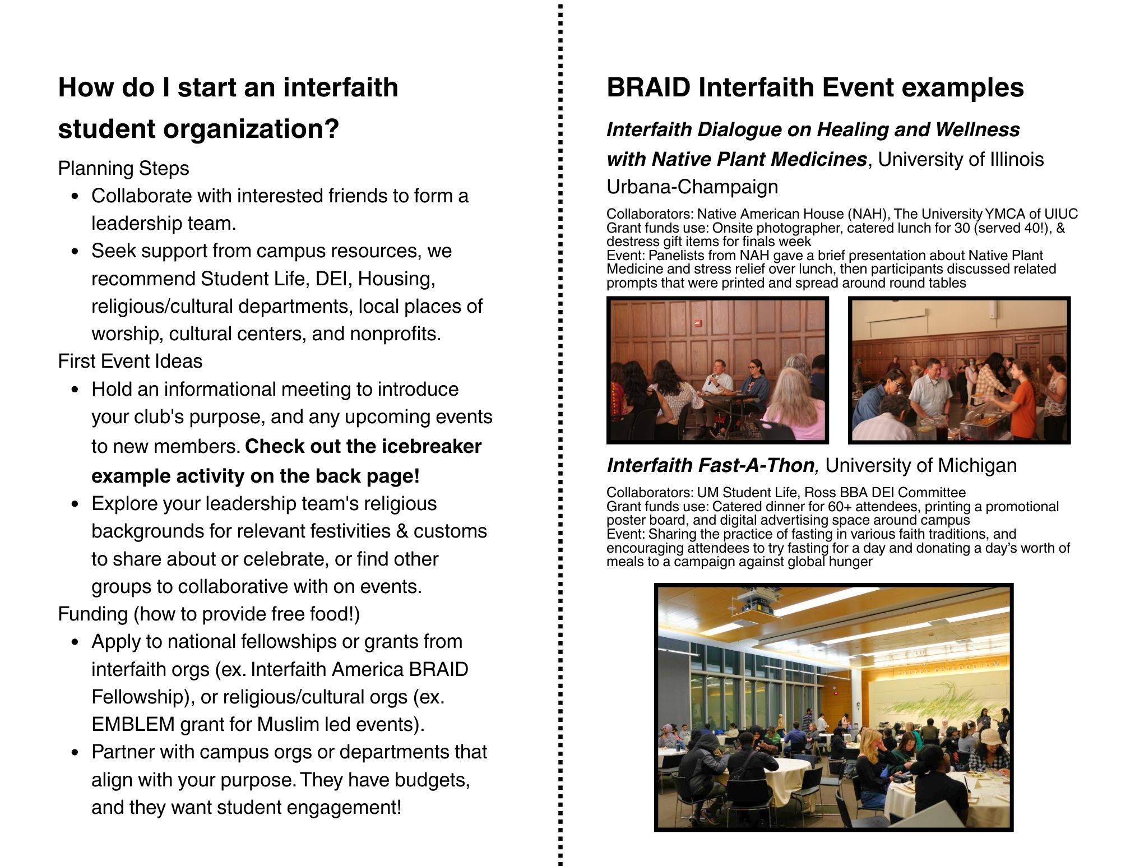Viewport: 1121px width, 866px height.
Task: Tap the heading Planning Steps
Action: point(123,168)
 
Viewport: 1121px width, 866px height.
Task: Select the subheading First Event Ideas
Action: point(130,361)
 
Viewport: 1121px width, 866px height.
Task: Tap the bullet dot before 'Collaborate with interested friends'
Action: point(76,197)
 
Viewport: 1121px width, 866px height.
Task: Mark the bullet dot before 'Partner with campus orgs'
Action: point(76,753)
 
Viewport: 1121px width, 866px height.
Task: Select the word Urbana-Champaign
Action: point(692,187)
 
